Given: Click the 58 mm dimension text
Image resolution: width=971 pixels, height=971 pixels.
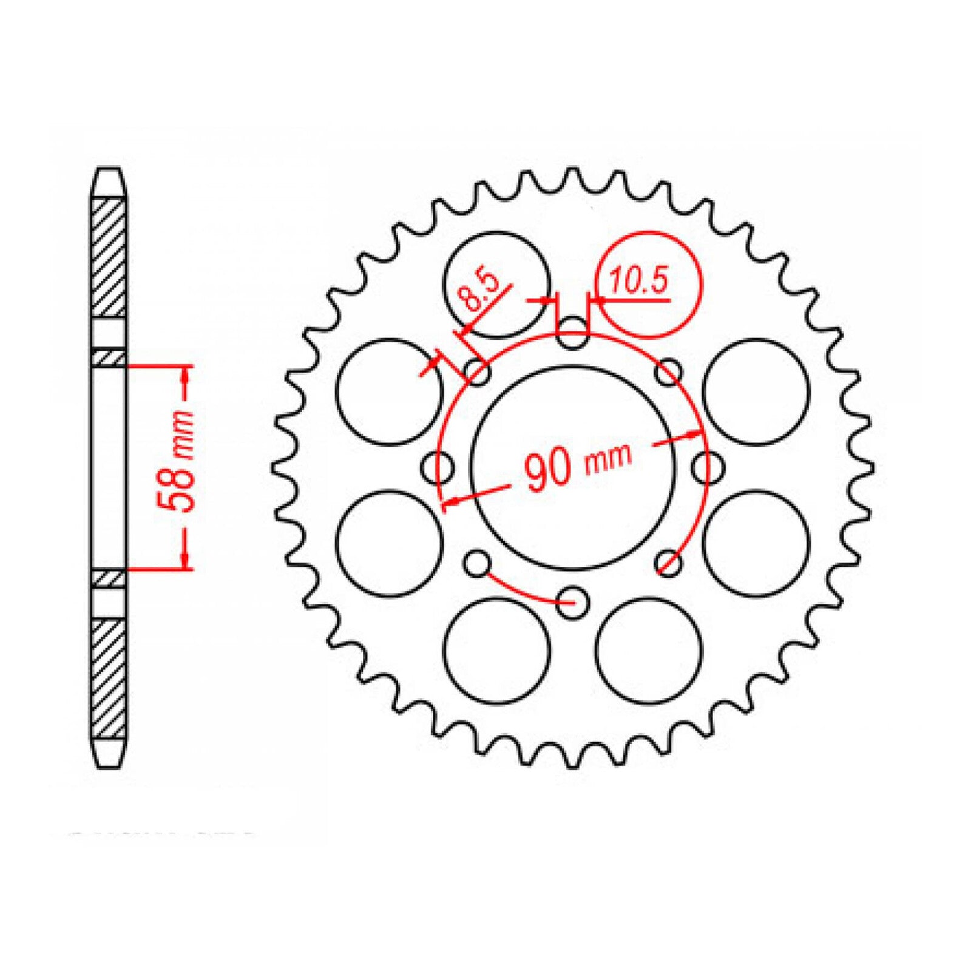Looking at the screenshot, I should [x=177, y=461].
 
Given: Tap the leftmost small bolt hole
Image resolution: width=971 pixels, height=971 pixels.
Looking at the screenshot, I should [x=438, y=468].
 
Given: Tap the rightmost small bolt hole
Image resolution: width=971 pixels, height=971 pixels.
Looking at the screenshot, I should [x=708, y=467].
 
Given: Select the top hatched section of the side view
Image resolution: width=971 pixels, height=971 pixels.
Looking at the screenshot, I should [x=109, y=257].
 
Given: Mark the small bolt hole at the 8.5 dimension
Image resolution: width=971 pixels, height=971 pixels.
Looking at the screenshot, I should [x=478, y=372].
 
